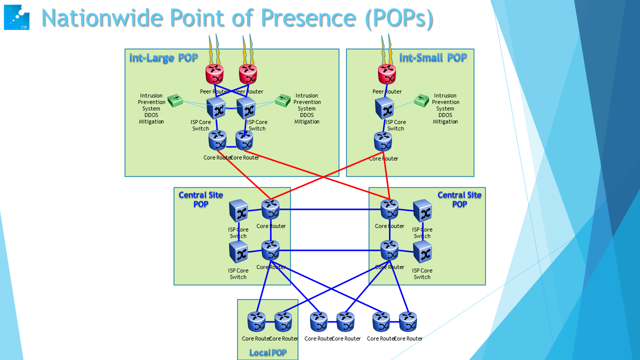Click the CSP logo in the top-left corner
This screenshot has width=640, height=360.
pyautogui.click(x=16, y=17)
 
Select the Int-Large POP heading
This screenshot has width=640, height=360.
pyautogui.click(x=163, y=58)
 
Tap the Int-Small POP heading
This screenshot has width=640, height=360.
pyautogui.click(x=433, y=57)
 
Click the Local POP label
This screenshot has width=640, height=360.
pyautogui.click(x=268, y=353)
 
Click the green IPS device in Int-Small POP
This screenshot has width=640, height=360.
pyautogui.click(x=422, y=101)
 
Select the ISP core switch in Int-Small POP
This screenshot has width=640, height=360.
pyautogui.click(x=384, y=108)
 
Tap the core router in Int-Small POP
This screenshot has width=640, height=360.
pyautogui.click(x=383, y=142)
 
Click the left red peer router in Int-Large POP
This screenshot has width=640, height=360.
pyautogui.click(x=214, y=74)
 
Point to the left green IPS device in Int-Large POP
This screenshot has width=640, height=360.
pyautogui.click(x=176, y=101)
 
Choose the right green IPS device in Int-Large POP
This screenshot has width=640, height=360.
pyautogui.click(x=282, y=100)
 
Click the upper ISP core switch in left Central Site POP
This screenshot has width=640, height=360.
pyautogui.click(x=238, y=211)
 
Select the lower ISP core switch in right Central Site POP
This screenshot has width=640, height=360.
pyautogui.click(x=422, y=252)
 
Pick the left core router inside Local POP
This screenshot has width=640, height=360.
pyautogui.click(x=256, y=322)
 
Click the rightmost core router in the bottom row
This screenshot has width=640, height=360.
pyautogui.click(x=407, y=322)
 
